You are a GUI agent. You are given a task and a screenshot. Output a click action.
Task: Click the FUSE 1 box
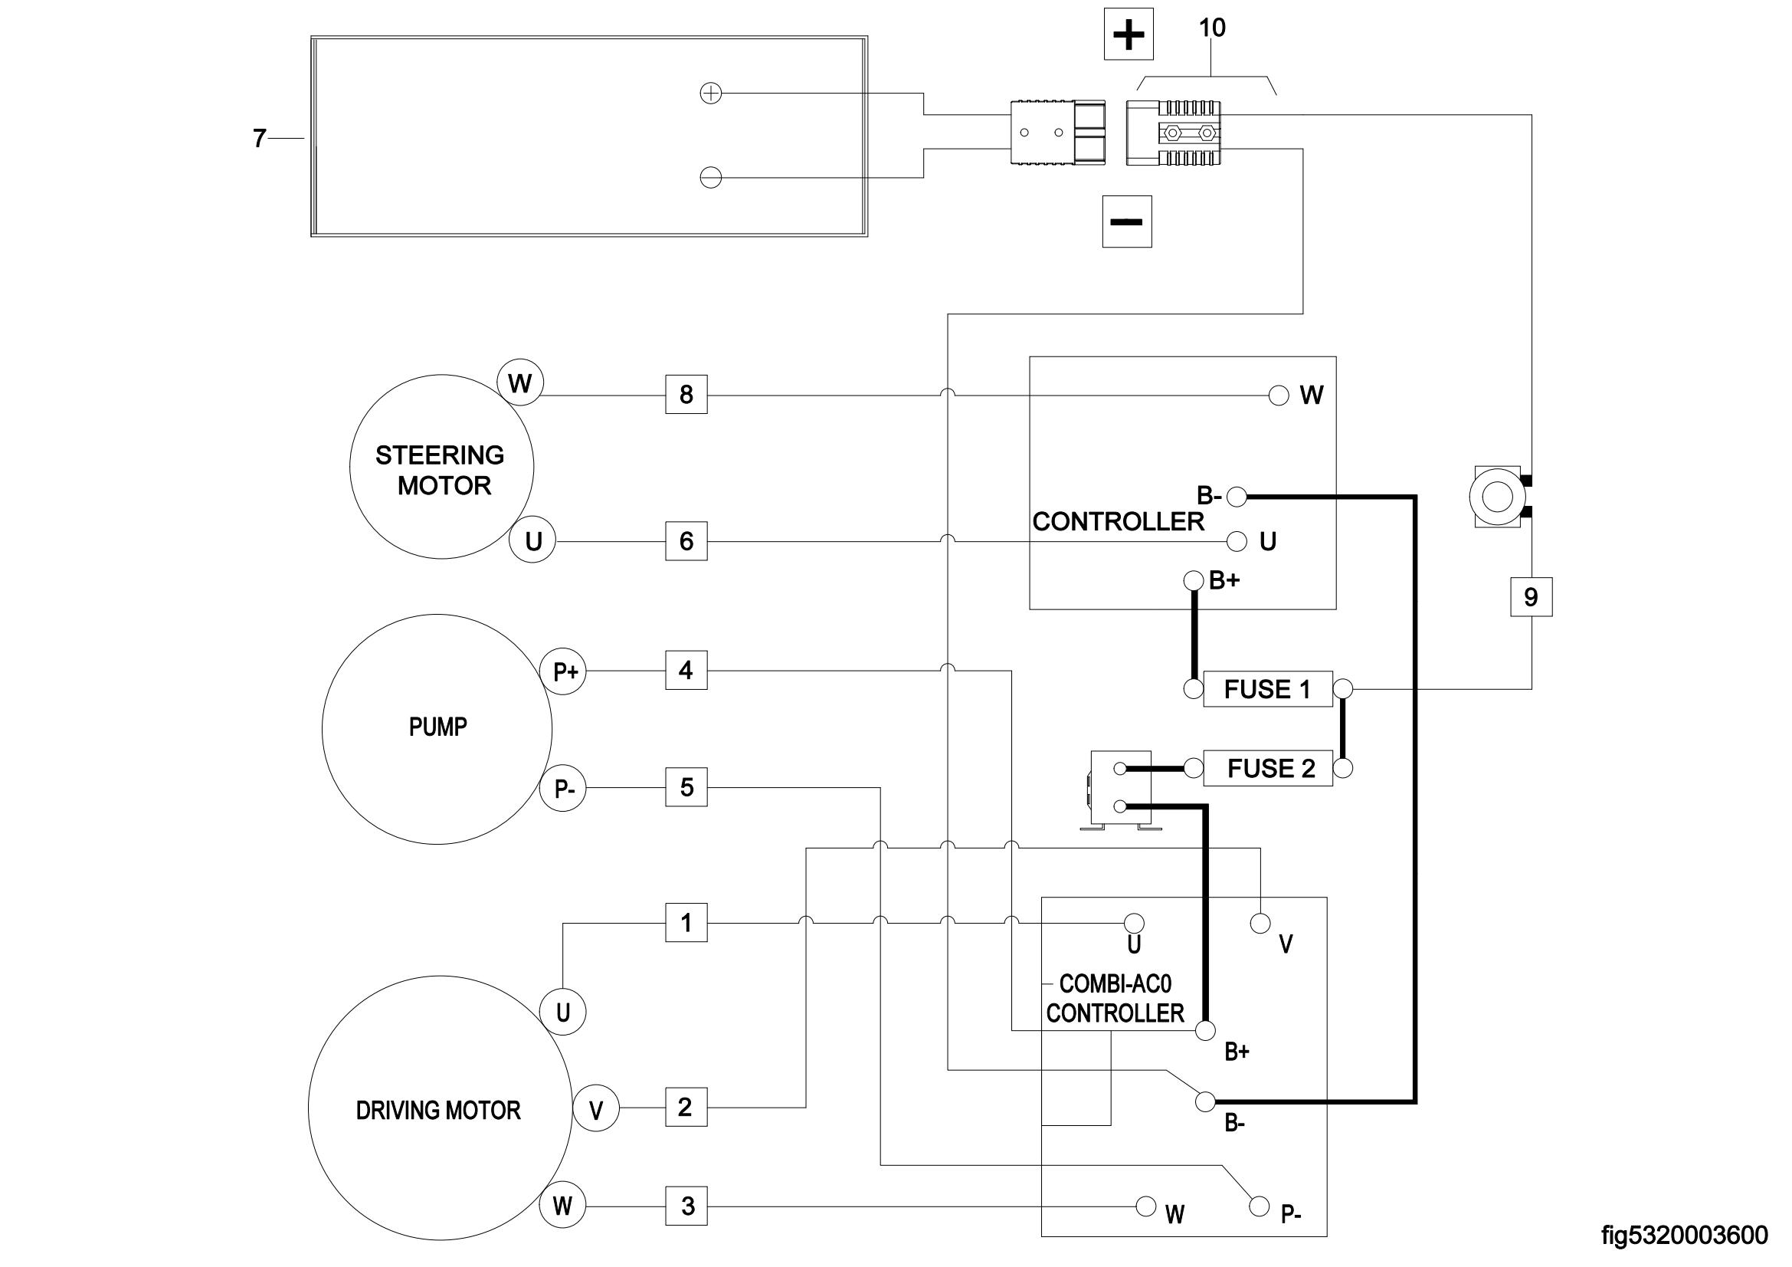(1266, 689)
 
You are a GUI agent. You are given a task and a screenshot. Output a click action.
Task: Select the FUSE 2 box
(1266, 768)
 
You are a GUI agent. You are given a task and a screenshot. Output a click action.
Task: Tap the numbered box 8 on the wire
(686, 394)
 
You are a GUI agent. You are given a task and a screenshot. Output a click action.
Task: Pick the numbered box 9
(1531, 597)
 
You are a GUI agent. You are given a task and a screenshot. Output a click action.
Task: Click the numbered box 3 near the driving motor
(686, 1206)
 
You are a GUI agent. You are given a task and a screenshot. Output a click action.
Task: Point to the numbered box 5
(686, 787)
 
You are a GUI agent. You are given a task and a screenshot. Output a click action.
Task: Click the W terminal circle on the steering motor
(519, 382)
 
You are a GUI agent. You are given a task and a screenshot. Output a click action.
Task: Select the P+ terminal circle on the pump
(564, 671)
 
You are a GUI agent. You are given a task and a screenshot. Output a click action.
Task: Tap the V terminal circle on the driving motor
(596, 1109)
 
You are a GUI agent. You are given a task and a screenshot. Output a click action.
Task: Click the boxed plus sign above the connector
(1129, 35)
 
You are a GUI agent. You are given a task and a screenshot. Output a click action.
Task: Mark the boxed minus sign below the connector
(1126, 222)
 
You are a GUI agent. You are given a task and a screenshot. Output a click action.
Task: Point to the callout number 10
(1211, 28)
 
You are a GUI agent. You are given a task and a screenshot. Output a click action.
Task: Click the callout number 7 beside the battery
(259, 139)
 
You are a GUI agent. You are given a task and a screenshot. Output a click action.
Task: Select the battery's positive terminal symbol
(710, 94)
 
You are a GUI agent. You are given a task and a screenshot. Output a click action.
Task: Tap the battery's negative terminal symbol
(710, 178)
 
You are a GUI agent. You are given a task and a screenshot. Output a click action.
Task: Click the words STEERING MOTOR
(441, 470)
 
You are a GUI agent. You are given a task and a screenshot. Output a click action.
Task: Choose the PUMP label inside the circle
(438, 727)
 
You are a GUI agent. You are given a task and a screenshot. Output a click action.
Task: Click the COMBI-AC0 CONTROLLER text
(1115, 999)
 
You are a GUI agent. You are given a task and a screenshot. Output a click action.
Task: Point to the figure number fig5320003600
(1684, 1236)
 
